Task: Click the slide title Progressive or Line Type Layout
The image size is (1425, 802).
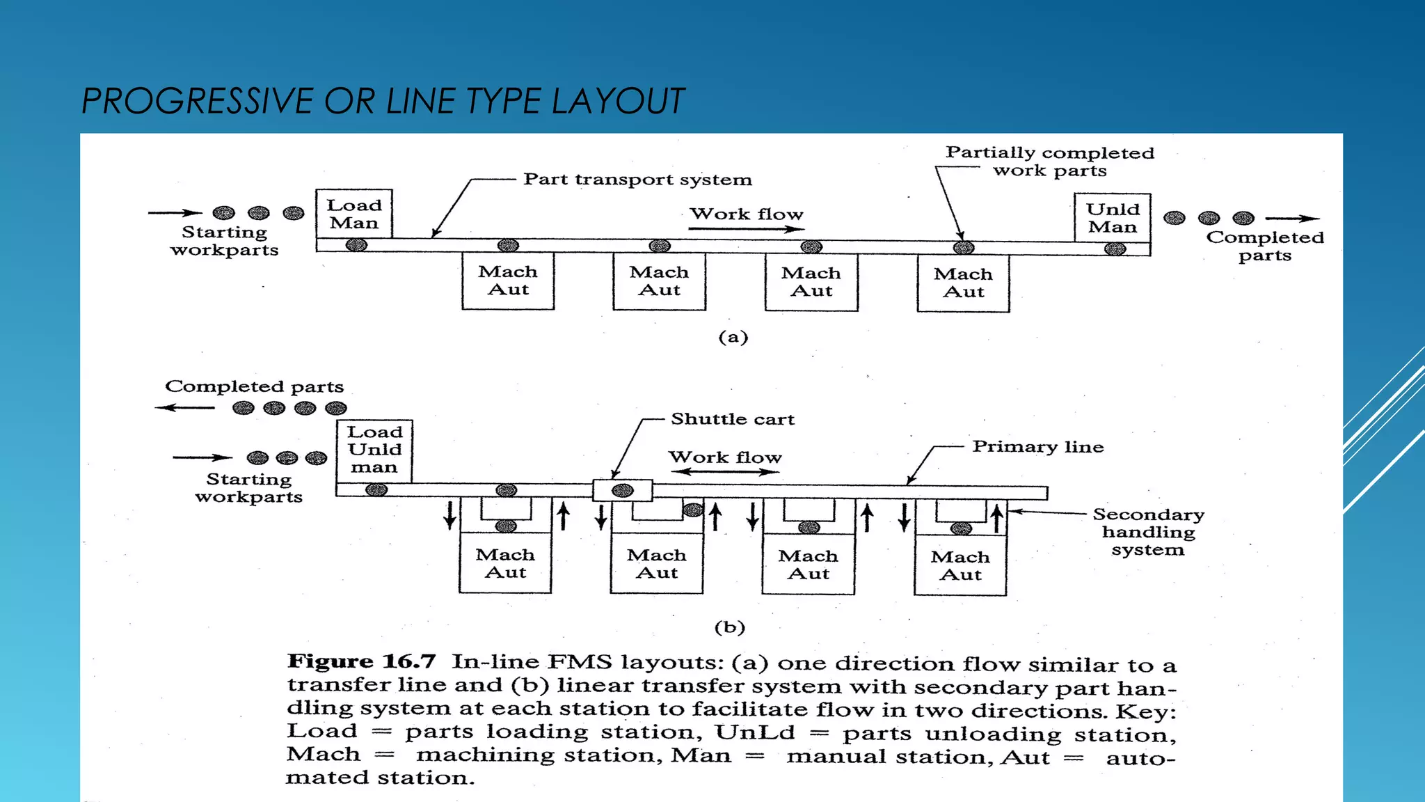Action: click(x=383, y=101)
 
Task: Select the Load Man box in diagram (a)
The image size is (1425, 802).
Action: click(x=354, y=214)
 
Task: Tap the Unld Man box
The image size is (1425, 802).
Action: click(x=1113, y=218)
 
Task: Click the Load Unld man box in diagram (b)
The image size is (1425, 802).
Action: click(x=374, y=450)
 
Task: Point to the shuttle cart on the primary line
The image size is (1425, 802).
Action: click(x=622, y=490)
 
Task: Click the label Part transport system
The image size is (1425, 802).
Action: click(x=637, y=180)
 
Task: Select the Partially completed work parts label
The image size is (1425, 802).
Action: click(x=1049, y=162)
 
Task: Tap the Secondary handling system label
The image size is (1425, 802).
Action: click(x=1148, y=532)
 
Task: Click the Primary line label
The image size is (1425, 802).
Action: click(x=1037, y=447)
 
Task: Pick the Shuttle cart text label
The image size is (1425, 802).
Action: click(x=732, y=419)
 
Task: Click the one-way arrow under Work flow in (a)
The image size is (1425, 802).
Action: click(x=747, y=228)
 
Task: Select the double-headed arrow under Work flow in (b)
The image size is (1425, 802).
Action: click(x=725, y=472)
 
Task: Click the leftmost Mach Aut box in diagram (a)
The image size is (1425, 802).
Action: click(x=508, y=281)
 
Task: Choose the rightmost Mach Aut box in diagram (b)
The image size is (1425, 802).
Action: click(x=960, y=565)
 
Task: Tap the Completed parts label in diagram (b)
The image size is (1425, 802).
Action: click(x=254, y=386)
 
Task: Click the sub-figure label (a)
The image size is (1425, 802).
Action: click(x=733, y=338)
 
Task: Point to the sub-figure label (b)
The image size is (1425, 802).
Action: click(x=730, y=627)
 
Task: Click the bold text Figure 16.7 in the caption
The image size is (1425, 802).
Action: click(x=361, y=661)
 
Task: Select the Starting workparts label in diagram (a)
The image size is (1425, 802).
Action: click(x=224, y=241)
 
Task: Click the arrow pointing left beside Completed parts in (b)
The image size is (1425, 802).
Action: click(x=184, y=407)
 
